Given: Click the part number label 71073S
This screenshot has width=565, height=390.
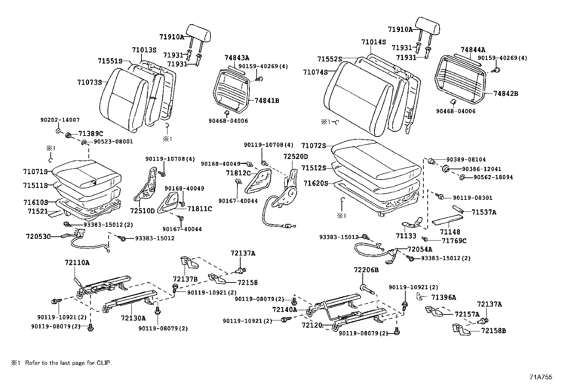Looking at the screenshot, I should tap(89, 82).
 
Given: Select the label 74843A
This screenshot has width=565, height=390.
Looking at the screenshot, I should tap(237, 57).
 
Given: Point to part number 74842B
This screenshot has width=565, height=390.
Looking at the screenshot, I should tap(506, 94).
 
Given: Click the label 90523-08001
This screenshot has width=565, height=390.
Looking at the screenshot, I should tap(113, 142).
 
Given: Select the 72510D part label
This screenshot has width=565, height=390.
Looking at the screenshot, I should tap(142, 211).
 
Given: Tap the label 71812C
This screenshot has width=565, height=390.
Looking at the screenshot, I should tap(238, 173).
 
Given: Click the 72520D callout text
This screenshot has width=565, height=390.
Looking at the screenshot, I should tap(296, 156).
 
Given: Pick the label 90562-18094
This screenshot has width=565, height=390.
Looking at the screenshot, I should tap(493, 177).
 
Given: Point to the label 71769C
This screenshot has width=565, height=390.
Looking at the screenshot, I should tap(454, 241).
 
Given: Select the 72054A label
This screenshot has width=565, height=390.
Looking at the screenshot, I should tap(420, 249).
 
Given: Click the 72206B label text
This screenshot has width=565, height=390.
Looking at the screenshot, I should tap(366, 270).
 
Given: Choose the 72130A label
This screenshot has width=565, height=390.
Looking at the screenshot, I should tap(133, 318).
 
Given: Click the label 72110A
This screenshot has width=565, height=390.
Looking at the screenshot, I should tap(77, 263).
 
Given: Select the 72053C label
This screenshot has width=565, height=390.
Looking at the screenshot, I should tap(38, 236).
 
